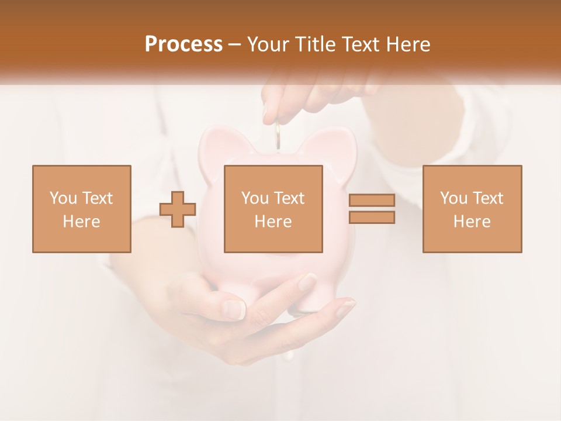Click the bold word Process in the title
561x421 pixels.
tap(183, 44)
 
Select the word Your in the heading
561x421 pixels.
tap(269, 44)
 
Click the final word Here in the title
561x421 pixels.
tap(407, 44)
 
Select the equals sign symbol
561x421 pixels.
tap(372, 209)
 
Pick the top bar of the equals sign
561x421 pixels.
tap(372, 201)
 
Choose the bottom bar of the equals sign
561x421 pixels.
tap(372, 217)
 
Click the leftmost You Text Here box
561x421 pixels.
tap(82, 209)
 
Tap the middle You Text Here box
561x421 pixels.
tap(273, 209)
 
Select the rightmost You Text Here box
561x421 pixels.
tap(472, 209)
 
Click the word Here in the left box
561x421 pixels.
tap(81, 221)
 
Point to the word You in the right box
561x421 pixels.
tap(454, 198)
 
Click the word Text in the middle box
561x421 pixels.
tap(289, 198)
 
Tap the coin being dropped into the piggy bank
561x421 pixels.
tap(279, 136)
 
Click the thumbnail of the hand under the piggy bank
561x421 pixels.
tap(235, 308)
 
